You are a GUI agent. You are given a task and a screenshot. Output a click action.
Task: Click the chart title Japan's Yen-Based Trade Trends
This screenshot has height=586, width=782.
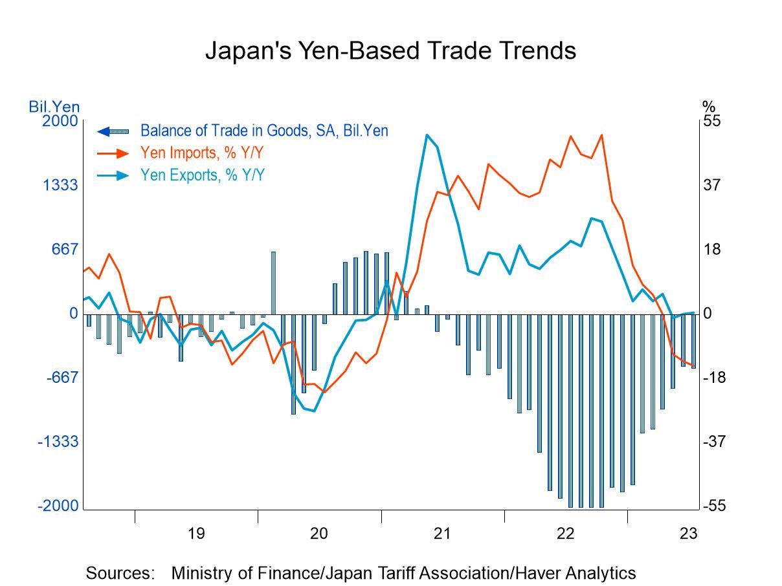point(390,50)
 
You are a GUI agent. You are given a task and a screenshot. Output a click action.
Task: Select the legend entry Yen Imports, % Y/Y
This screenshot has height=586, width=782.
point(202,153)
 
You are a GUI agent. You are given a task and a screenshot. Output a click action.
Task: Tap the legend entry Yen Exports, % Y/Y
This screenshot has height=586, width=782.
point(202,175)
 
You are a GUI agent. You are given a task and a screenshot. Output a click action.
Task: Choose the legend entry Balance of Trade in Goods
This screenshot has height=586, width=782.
point(264,131)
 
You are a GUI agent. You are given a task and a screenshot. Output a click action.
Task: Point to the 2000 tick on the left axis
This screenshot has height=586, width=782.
point(60,121)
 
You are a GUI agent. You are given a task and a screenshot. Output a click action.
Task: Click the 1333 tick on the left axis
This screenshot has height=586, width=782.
point(60,186)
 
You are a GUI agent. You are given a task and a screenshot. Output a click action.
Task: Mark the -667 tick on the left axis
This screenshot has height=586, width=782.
point(62,378)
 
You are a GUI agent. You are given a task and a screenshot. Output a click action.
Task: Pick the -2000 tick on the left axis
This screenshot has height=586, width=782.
point(58,506)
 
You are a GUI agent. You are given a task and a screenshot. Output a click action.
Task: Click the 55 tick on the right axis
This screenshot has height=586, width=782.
point(712,121)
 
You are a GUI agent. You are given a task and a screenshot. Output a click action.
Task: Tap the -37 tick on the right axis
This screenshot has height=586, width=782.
point(714,442)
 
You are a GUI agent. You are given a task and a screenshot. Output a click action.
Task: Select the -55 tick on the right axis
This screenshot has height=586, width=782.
point(714,506)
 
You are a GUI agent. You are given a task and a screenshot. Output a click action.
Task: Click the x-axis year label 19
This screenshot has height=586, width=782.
point(196,533)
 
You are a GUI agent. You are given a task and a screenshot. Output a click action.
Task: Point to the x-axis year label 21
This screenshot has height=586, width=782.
point(442,533)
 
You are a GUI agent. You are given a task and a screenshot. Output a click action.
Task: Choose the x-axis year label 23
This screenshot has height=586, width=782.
point(688,533)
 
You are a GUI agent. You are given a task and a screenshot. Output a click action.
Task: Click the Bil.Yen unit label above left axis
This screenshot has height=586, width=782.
point(54,106)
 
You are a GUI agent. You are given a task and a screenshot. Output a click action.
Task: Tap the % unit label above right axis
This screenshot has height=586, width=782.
point(709,106)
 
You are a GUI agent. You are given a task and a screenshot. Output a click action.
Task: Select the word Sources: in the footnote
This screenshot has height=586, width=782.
point(120,573)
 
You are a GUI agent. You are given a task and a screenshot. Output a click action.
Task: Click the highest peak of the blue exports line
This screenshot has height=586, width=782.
point(427,135)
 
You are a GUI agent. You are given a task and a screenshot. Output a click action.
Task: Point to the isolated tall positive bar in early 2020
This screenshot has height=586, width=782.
point(273,283)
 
